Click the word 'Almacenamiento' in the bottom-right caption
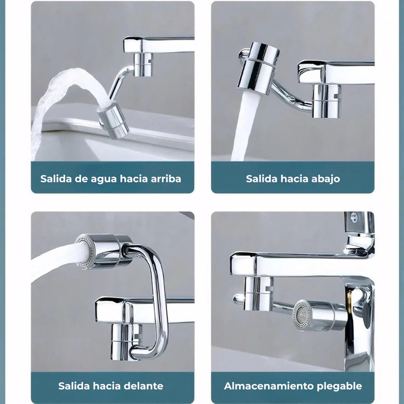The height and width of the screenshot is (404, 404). click(x=263, y=386)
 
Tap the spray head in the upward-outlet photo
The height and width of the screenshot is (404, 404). click(x=113, y=121)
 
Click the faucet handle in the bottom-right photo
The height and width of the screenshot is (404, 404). click(x=358, y=223)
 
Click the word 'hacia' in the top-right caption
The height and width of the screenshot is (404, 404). click(x=294, y=179)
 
